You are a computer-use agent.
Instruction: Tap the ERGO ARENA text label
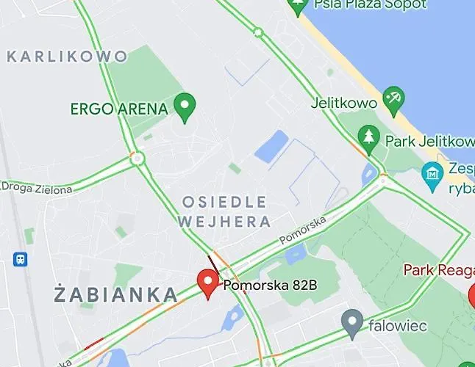pos(119,109)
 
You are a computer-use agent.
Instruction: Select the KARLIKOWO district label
pos(67,56)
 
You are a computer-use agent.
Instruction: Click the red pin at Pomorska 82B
pos(208,283)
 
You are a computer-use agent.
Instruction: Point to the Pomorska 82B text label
pos(270,284)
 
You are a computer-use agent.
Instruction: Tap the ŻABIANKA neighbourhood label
pos(116,295)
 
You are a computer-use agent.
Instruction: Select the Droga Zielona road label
pos(37,189)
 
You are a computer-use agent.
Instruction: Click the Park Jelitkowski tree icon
pos(368,136)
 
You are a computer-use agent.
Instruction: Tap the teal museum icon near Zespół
pos(432,175)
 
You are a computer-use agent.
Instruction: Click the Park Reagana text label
pos(439,270)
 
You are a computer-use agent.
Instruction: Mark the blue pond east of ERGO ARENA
pos(272,145)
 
